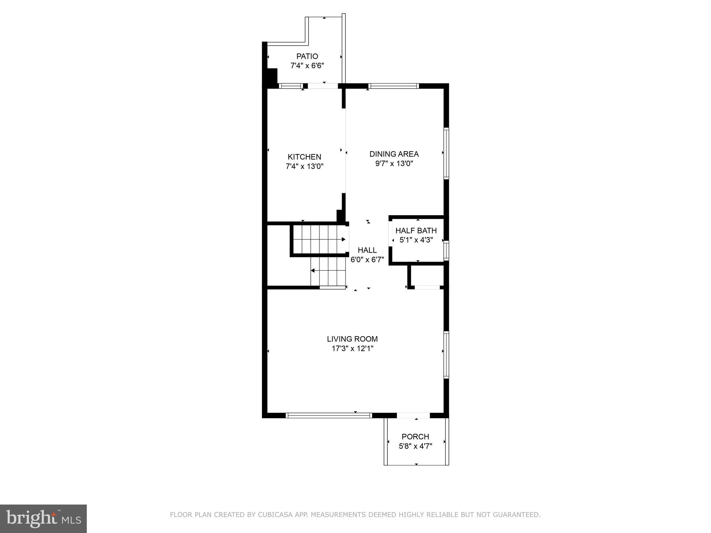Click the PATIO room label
(307, 56)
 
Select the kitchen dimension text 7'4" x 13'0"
(304, 167)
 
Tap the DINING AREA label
(394, 154)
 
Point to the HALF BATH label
(416, 231)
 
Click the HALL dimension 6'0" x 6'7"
(367, 260)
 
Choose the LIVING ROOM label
(352, 339)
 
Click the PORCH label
(415, 437)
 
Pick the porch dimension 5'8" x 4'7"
(415, 446)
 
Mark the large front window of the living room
(328, 415)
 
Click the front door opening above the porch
(413, 415)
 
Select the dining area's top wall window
(393, 86)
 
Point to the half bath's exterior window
(446, 250)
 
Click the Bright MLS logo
(43, 518)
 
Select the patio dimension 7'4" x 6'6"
(307, 66)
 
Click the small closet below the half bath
(427, 276)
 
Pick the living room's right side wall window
(446, 354)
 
